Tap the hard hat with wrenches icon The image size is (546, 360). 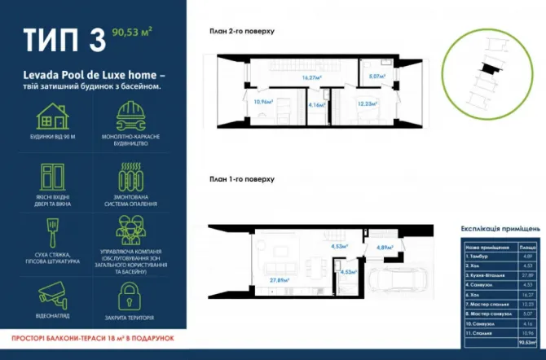[130, 117]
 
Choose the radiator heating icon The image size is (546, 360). [130, 176]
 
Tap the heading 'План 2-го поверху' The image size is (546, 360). [242, 31]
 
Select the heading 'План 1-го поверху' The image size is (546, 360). [242, 178]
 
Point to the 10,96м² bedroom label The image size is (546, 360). [262, 102]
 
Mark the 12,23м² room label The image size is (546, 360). [367, 103]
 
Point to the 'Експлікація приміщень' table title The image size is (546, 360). [500, 231]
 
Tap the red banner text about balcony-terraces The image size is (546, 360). [93, 336]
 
